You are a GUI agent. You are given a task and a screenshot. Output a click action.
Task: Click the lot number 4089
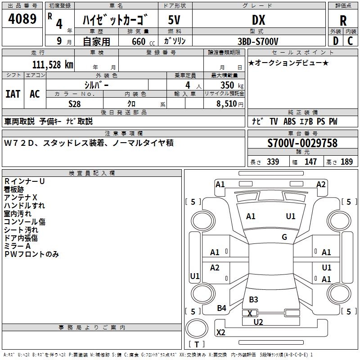[x=22, y=18]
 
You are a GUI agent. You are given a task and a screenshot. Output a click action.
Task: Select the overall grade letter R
[x=343, y=21]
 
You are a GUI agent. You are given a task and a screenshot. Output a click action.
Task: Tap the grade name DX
[x=258, y=20]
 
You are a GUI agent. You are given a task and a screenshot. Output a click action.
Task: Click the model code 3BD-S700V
[x=258, y=41]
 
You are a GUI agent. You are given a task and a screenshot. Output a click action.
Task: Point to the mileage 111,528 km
[x=53, y=65]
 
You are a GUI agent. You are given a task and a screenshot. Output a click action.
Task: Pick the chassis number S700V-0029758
[x=302, y=143]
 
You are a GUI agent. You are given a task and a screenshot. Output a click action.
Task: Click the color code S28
[x=75, y=104]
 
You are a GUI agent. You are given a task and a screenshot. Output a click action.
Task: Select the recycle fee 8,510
[x=226, y=104]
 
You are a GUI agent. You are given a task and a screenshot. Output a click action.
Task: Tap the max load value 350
[x=227, y=85]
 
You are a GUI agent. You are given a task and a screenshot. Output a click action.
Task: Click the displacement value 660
[x=139, y=41]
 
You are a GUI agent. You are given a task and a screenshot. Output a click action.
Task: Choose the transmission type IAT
[x=13, y=94]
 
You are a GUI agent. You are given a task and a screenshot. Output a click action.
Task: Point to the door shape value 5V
[x=174, y=20]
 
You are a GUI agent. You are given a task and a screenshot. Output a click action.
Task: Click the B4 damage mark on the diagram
[x=221, y=308]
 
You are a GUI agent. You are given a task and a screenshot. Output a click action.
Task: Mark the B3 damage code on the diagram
[x=253, y=300]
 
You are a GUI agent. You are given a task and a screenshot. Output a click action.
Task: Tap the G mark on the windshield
[x=284, y=237]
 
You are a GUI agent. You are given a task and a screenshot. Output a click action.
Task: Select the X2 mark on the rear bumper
[x=220, y=332]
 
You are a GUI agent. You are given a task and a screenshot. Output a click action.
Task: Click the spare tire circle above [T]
[x=197, y=328]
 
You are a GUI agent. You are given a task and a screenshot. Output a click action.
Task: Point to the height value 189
[x=346, y=162]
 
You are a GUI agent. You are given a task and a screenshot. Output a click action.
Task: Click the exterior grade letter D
[x=336, y=41]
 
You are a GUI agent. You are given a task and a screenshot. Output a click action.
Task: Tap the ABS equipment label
[x=289, y=121]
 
